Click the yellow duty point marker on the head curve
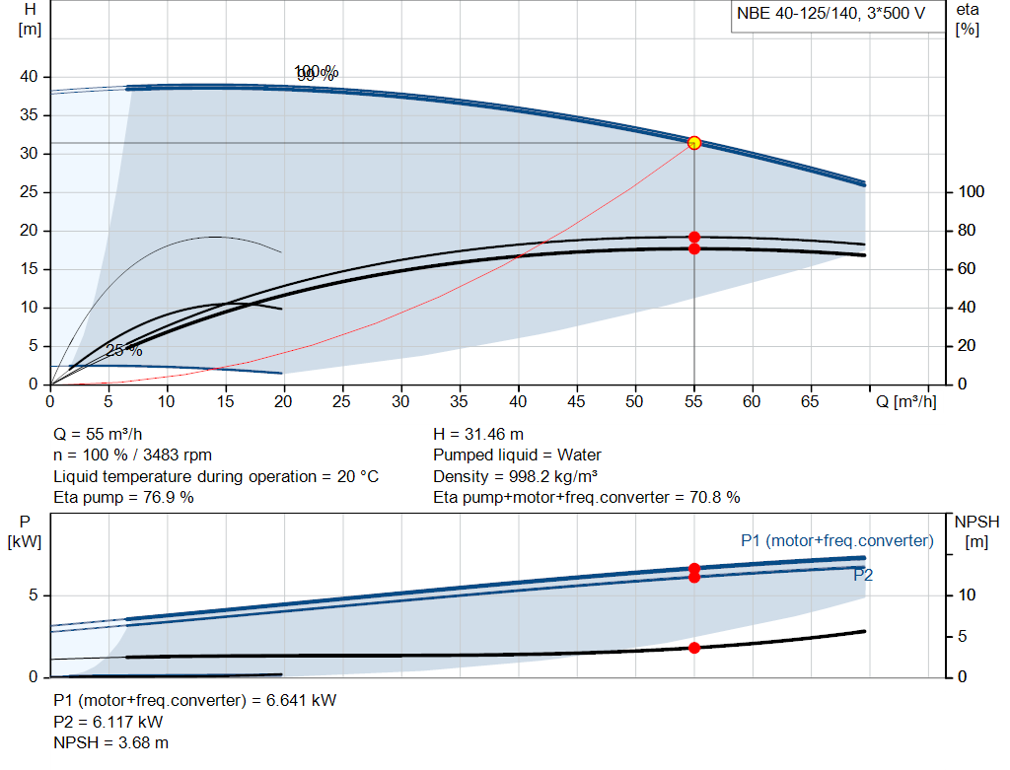tap(694, 143)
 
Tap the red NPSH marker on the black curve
tap(694, 648)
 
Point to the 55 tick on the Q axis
tap(694, 401)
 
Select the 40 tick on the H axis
tap(29, 77)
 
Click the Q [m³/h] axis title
tap(905, 401)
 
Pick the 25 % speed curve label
tap(124, 351)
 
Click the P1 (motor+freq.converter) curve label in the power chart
tap(836, 540)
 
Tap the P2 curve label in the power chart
tap(863, 575)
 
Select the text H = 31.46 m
tap(477, 434)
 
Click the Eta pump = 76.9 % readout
tap(123, 497)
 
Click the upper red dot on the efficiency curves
tap(694, 237)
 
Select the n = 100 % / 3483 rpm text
tap(132, 455)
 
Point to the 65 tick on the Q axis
tap(811, 401)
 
